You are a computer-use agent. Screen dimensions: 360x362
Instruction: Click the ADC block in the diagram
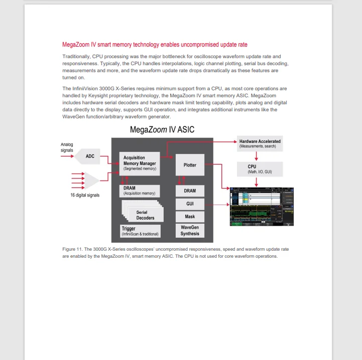click(x=89, y=156)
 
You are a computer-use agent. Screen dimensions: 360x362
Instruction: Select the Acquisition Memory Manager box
click(x=140, y=163)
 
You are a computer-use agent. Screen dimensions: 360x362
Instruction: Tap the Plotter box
click(x=190, y=165)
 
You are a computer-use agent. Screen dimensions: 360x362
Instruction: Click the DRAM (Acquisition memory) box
click(x=140, y=191)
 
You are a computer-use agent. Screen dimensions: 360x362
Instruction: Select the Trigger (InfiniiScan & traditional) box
click(x=140, y=231)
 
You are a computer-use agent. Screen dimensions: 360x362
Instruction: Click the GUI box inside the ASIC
click(x=190, y=204)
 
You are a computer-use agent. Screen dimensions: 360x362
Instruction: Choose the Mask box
click(x=190, y=217)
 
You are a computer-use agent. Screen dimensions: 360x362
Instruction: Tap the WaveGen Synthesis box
click(x=190, y=231)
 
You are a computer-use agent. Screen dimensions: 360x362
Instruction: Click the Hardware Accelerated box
click(x=260, y=144)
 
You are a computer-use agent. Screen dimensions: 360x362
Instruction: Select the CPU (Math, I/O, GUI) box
click(x=259, y=169)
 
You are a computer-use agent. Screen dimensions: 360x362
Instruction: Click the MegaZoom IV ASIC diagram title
click(x=162, y=129)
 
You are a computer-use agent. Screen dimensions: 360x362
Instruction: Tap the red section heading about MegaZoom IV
click(x=155, y=45)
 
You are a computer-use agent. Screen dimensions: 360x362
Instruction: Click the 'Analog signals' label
click(x=67, y=147)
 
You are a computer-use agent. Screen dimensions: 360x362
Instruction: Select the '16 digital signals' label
click(x=84, y=195)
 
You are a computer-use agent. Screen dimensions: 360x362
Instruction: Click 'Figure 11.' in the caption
click(x=73, y=249)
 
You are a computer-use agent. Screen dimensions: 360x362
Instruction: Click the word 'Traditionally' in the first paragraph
click(x=76, y=56)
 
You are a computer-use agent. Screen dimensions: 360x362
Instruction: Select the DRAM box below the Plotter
click(x=190, y=191)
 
